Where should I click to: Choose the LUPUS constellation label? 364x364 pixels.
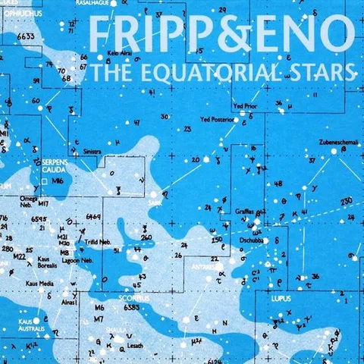[281, 299]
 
